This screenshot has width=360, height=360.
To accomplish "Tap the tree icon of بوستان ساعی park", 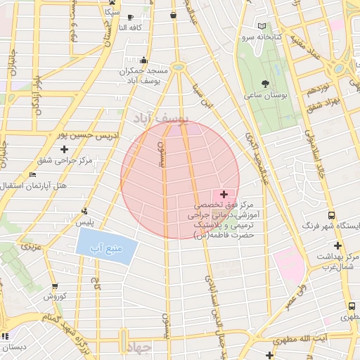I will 264,84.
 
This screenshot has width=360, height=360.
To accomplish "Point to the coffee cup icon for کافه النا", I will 131,18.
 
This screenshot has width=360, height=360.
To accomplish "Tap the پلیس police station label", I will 85,222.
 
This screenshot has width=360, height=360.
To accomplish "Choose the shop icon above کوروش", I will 55,286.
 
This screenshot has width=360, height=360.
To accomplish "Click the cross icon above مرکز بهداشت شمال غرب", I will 338,245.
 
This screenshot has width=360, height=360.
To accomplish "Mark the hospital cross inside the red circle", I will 224,194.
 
